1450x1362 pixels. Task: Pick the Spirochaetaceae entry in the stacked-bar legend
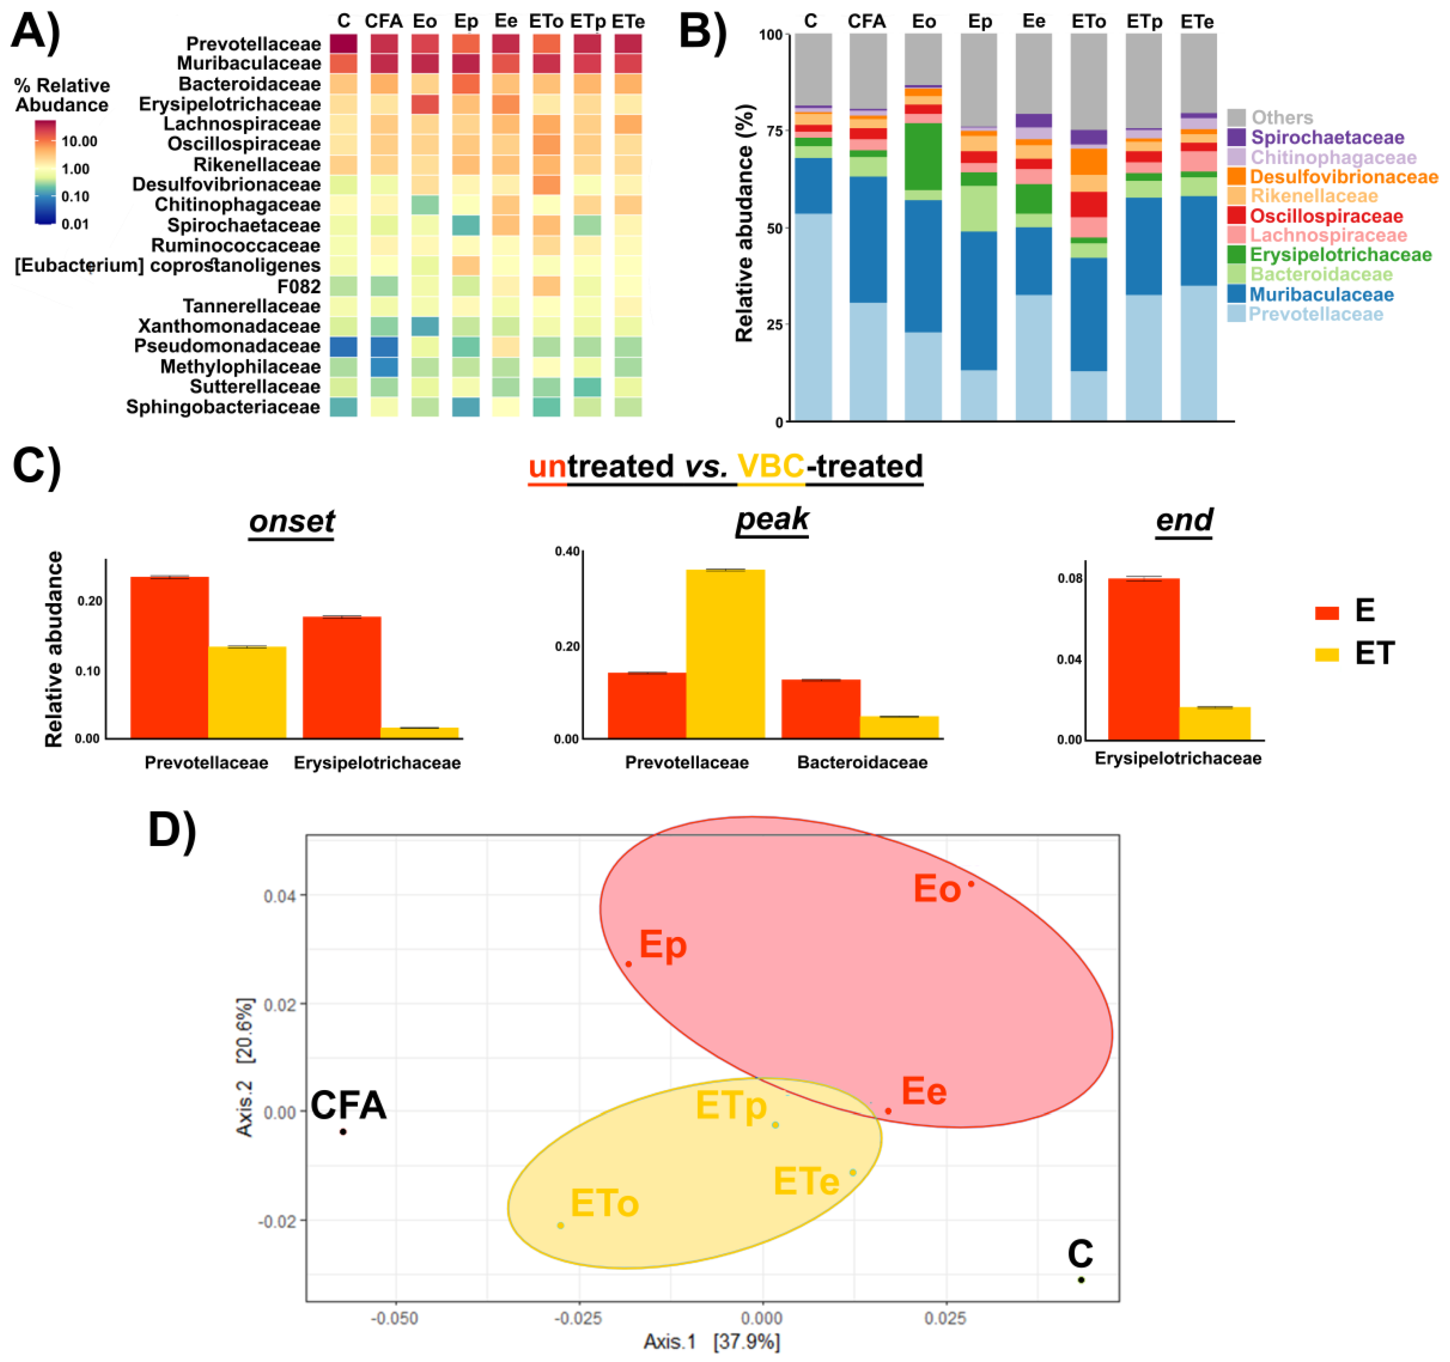click(1327, 138)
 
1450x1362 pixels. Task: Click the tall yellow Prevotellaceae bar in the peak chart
click(725, 653)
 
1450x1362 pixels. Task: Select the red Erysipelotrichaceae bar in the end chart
click(1143, 658)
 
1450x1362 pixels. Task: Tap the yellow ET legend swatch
click(1327, 654)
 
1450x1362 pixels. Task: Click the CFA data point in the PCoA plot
click(343, 1132)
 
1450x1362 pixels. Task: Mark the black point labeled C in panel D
click(1081, 1280)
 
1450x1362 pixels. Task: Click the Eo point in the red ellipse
click(971, 884)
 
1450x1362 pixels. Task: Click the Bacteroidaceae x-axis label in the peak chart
click(862, 763)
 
